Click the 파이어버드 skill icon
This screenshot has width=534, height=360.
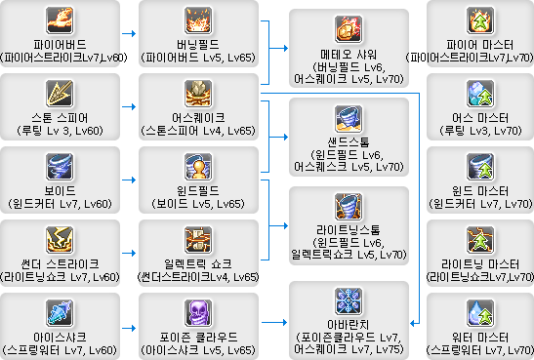(x=60, y=20)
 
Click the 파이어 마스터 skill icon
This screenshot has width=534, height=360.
(x=479, y=20)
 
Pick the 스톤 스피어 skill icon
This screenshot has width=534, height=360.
(x=60, y=93)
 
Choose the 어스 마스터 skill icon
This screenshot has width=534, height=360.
(x=479, y=93)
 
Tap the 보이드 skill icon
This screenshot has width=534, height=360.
(x=60, y=165)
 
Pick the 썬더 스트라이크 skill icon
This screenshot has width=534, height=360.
(x=60, y=238)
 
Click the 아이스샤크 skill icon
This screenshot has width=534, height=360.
(x=60, y=311)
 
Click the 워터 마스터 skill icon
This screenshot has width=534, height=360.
(x=479, y=311)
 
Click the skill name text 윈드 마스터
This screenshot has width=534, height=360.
(x=479, y=189)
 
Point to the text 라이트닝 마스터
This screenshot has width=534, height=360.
(x=479, y=262)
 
